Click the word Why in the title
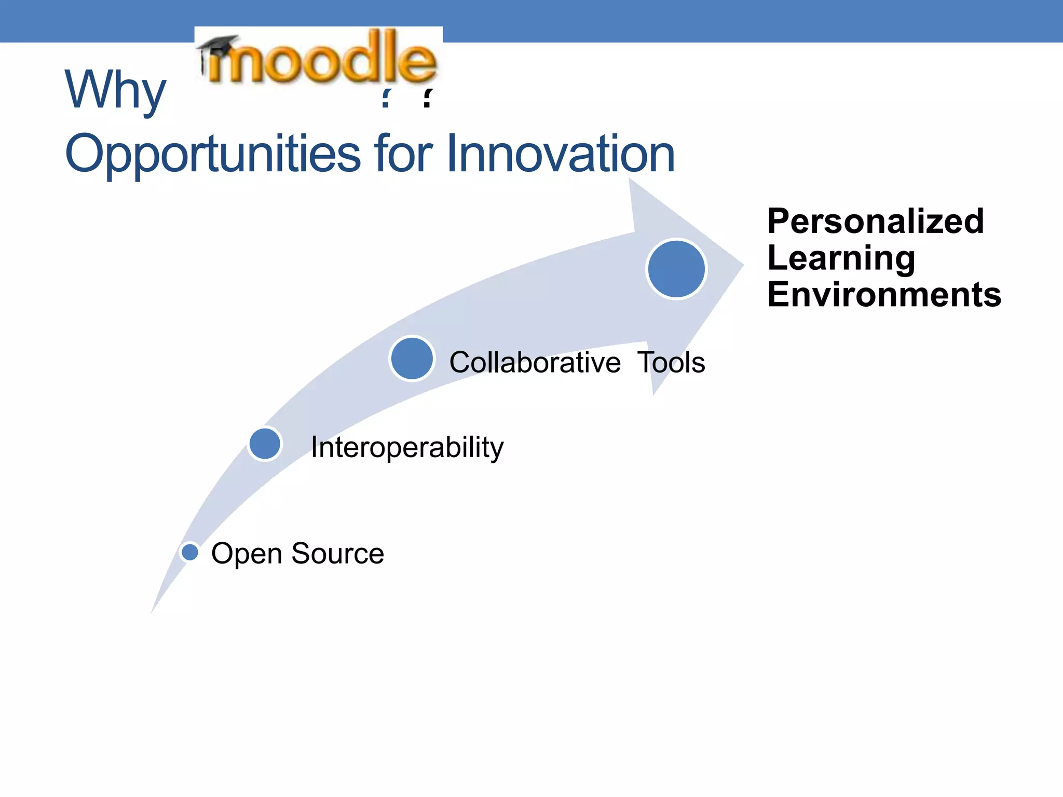(115, 90)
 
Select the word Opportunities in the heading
(212, 154)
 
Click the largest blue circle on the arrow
(676, 269)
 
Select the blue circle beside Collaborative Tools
(412, 359)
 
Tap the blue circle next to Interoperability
(265, 444)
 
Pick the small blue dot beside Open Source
(190, 552)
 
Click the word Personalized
(875, 222)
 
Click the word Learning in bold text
(841, 258)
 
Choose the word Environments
(884, 295)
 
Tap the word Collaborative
(535, 362)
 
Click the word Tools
(671, 362)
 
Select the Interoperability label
(407, 447)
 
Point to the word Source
(337, 553)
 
